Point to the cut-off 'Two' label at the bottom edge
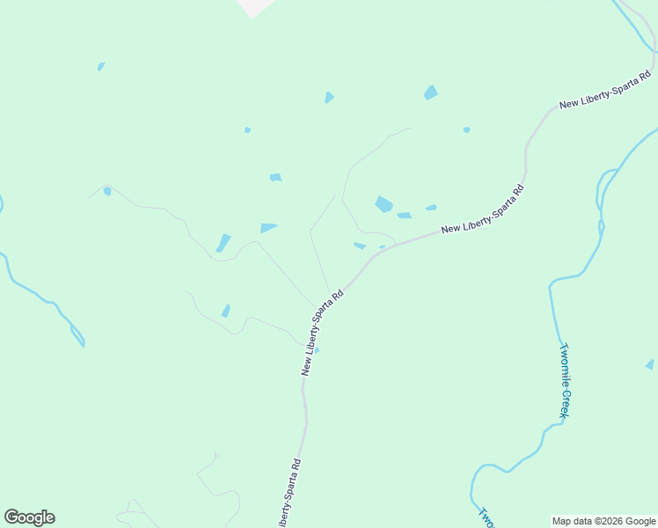486,517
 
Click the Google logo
29,517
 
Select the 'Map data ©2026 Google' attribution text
603,521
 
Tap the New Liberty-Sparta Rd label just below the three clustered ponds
483,210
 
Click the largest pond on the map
384,204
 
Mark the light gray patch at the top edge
256,7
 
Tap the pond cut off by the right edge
650,364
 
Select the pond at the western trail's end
107,191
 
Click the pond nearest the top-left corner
101,66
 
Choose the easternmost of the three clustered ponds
431,208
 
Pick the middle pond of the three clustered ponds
405,215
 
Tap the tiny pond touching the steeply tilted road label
317,350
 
